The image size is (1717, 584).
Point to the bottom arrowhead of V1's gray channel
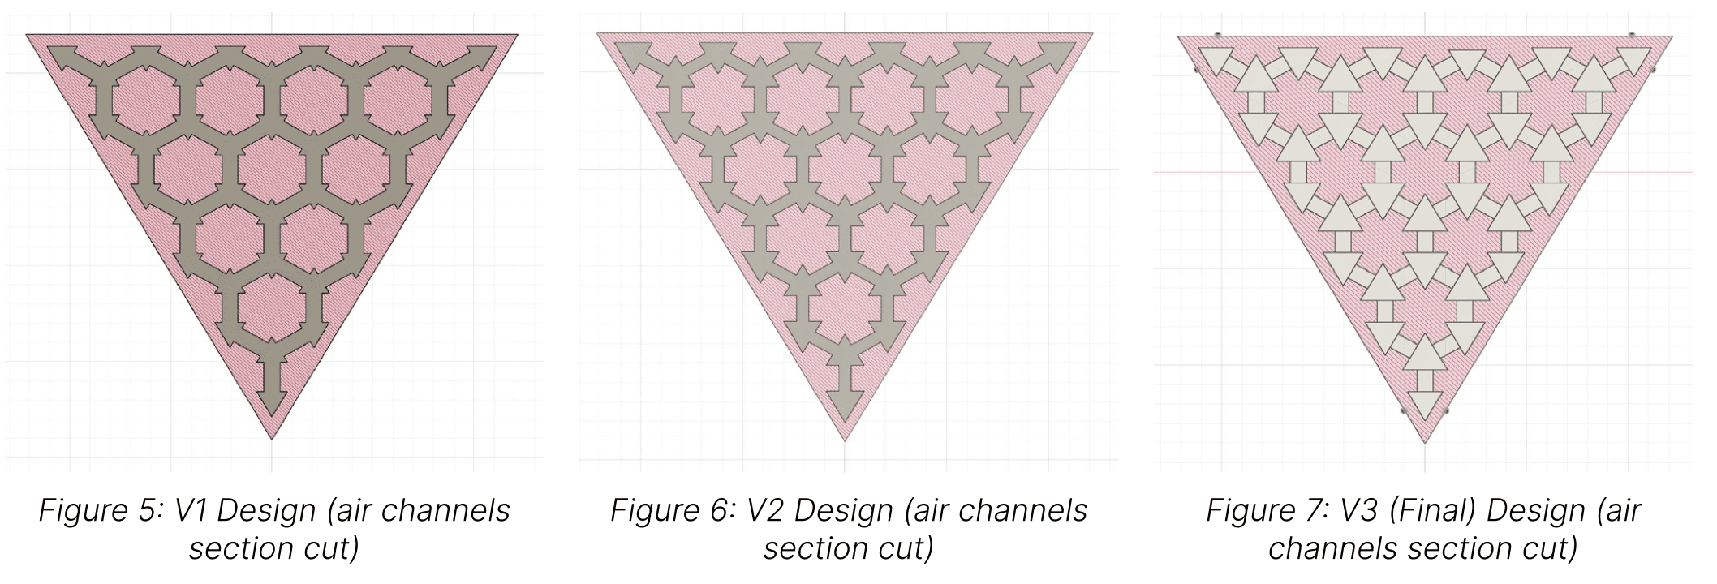273,400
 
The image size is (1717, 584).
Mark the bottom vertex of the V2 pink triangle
846,440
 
